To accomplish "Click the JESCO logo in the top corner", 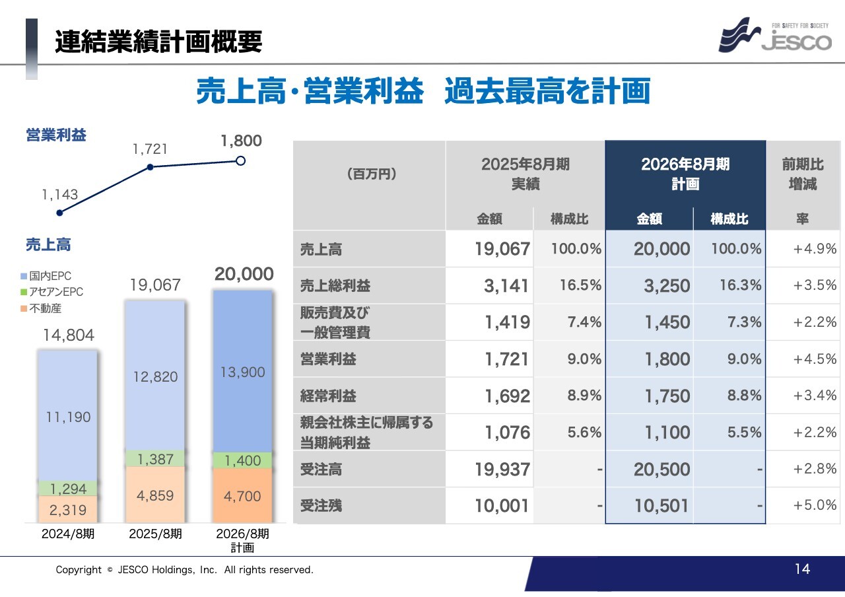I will pos(775,36).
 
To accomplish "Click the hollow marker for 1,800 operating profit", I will pos(241,160).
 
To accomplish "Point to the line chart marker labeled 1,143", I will pos(60,213).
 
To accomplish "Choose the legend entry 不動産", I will pos(45,308).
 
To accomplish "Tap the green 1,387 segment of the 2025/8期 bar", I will pos(156,459).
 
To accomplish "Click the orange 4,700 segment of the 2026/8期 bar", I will pos(243,495).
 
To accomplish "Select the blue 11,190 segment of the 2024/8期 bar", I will pos(68,417).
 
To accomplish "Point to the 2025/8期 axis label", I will pos(156,534).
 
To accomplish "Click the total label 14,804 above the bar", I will pos(69,335).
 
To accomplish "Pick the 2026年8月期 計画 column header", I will pos(685,174).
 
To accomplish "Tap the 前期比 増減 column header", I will pos(803,174).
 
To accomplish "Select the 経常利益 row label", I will pos(328,396).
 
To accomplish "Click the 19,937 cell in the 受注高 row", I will pos(502,470).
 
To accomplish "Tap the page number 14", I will pos(802,569).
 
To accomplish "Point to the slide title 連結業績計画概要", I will pos(158,42).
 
